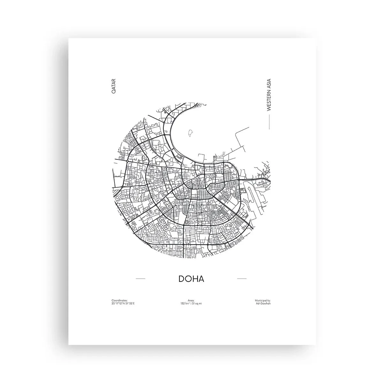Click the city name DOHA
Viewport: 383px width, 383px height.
(191, 278)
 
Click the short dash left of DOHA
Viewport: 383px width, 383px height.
(140, 279)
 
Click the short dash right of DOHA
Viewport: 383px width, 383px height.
(242, 279)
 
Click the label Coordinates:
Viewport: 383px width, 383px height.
(120, 300)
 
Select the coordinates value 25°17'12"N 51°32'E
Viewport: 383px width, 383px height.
(123, 303)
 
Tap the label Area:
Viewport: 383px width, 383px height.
(191, 300)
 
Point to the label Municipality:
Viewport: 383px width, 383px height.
(263, 300)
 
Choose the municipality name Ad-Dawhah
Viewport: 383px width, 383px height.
(263, 303)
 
